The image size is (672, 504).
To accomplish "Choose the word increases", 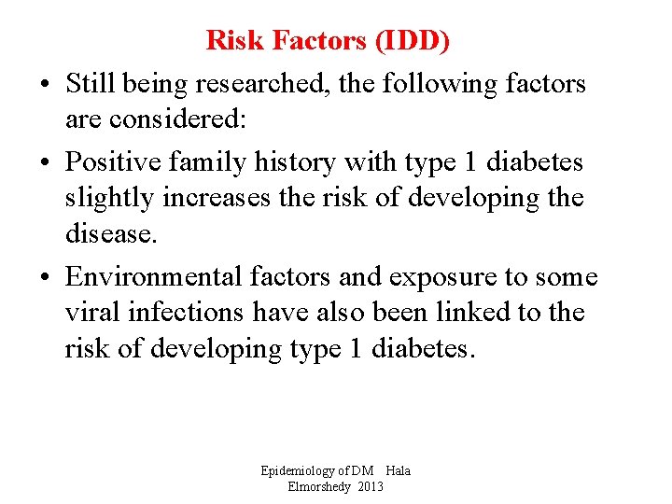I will coord(216,198).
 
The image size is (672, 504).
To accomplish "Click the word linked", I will coord(484,312).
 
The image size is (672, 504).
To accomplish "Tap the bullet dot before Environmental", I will coord(46,277).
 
